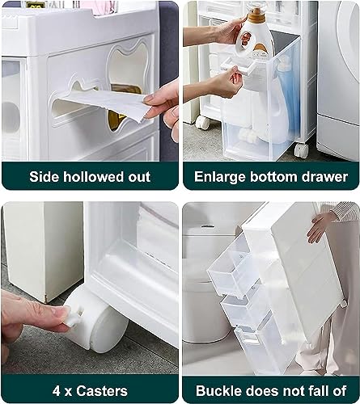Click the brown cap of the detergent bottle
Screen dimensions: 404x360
coord(256,15)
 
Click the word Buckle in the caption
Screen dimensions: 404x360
coord(220,389)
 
